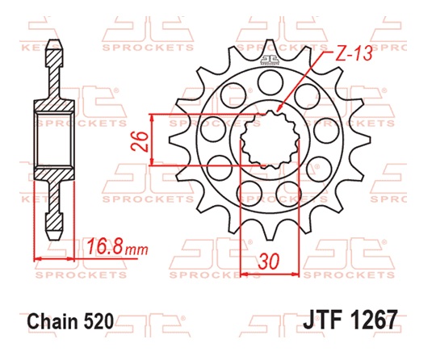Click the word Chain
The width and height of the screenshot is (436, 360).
tap(53, 320)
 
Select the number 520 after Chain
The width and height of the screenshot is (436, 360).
tap(99, 320)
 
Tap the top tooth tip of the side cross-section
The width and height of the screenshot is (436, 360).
tap(56, 42)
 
